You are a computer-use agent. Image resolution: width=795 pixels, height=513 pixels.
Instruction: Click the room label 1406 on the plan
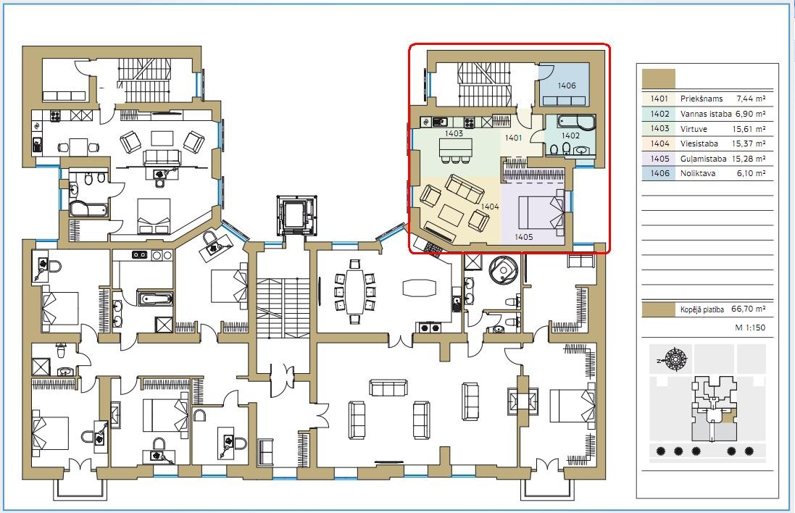click(566, 85)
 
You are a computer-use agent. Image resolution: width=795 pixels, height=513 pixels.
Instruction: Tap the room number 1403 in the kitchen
click(454, 133)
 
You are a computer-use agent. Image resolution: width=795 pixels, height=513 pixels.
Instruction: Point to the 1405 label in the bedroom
click(523, 237)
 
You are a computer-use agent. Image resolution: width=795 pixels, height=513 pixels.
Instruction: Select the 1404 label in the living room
click(490, 207)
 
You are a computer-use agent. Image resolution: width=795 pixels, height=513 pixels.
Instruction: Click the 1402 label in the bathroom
click(570, 135)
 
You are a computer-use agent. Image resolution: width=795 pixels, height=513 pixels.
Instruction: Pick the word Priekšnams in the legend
click(702, 99)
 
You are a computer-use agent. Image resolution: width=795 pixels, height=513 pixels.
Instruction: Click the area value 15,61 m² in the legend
click(749, 129)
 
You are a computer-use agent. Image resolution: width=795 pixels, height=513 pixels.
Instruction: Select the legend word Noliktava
click(698, 173)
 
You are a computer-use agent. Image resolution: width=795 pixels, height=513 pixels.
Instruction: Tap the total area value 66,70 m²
click(749, 309)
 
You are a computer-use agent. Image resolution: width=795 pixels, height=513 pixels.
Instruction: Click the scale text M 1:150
click(750, 328)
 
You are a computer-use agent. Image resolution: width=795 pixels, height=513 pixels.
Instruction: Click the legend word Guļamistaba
click(703, 159)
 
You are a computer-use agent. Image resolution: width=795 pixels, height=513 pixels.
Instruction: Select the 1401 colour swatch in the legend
click(659, 99)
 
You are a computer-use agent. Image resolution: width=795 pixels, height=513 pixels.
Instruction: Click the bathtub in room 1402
click(576, 122)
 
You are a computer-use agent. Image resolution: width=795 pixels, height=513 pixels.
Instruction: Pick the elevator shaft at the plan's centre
click(296, 215)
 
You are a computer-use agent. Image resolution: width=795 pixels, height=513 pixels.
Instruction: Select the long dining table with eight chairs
click(355, 291)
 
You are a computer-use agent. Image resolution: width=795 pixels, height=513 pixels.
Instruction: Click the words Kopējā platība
click(702, 309)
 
